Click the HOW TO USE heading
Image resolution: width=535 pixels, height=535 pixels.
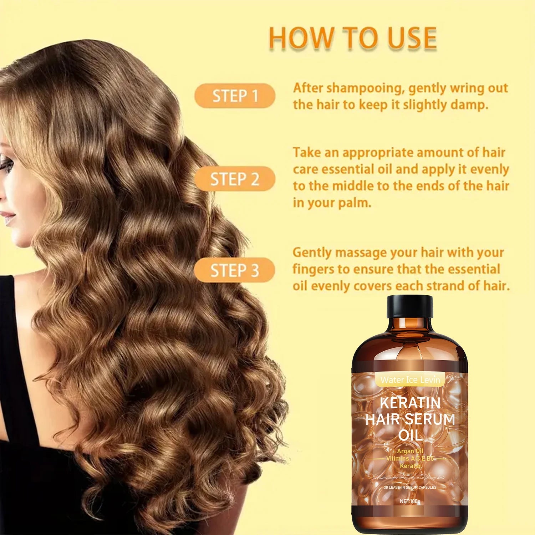[x=352, y=38]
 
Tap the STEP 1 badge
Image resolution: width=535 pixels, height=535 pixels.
[x=235, y=96]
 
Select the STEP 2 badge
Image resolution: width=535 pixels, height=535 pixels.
[x=235, y=179]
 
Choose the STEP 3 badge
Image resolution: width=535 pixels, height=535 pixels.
[x=235, y=270]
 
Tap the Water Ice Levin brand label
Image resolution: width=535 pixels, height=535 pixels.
[x=410, y=380]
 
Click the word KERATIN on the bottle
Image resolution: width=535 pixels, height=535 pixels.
[x=410, y=403]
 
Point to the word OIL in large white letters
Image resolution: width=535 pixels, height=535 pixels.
[x=410, y=435]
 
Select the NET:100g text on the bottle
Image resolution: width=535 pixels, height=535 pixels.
[x=410, y=501]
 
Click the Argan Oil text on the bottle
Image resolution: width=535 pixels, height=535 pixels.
[x=410, y=451]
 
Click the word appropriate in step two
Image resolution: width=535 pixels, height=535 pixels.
[x=378, y=153]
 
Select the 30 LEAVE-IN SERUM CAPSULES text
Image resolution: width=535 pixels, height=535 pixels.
[x=410, y=487]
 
